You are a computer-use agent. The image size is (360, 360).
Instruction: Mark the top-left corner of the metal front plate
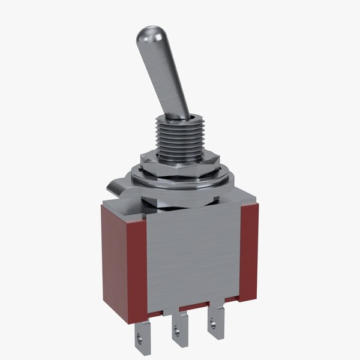[146, 211]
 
